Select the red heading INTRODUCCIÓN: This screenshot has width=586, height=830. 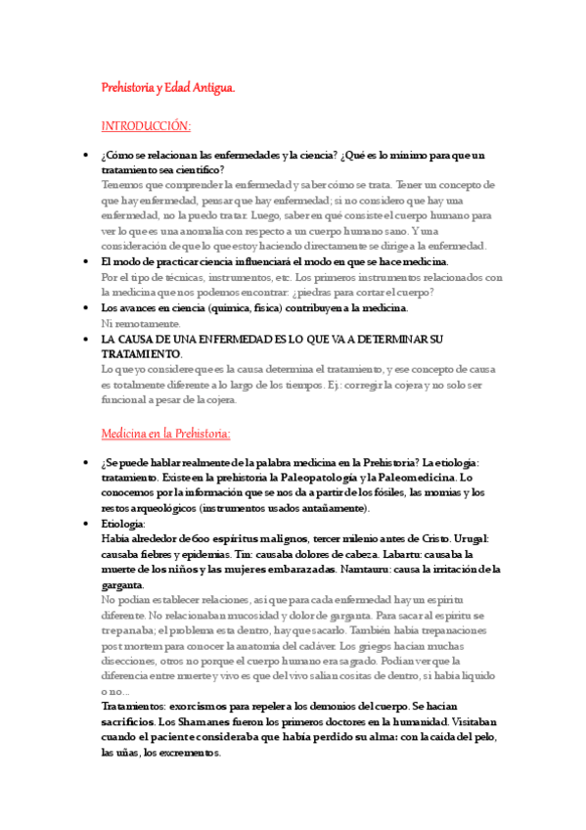tap(146, 126)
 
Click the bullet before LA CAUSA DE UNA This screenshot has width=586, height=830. tap(89, 339)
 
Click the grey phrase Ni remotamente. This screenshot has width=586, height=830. tap(141, 323)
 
